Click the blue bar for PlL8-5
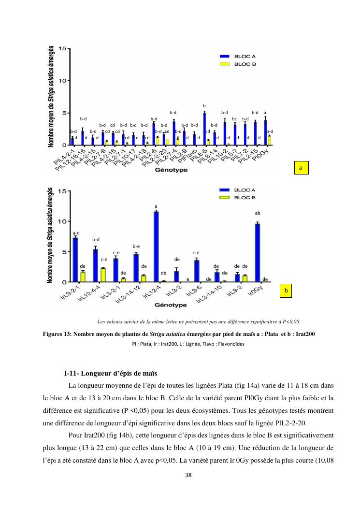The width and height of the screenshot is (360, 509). point(204,129)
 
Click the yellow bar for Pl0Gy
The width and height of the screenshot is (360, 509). point(269,140)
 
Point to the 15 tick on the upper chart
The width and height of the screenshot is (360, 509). point(63,48)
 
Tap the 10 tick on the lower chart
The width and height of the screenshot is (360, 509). point(63,221)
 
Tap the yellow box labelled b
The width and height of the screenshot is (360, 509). point(286,291)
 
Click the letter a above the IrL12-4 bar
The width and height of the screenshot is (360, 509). point(156,206)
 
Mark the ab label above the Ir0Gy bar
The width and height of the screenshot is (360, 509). point(258,213)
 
